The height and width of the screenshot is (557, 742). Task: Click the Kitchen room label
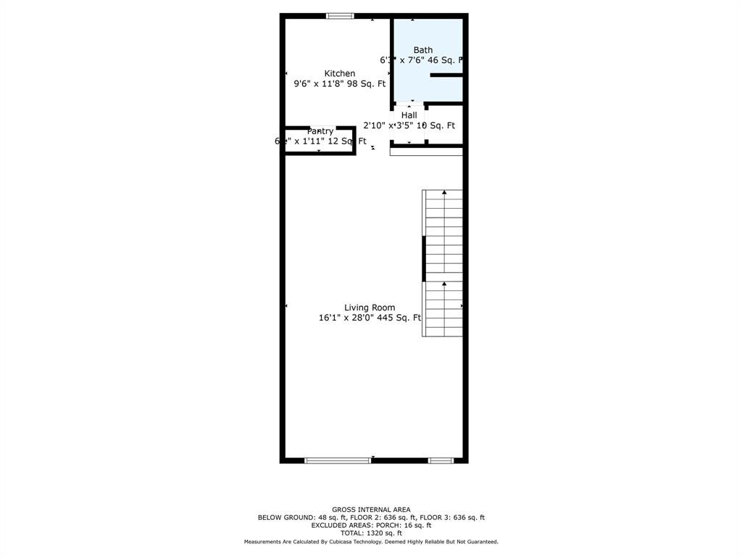(339, 73)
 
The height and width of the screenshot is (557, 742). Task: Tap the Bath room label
(423, 50)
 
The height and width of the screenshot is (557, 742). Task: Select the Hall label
(409, 115)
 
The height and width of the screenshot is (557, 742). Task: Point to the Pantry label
(320, 131)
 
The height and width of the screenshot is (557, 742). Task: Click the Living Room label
(370, 308)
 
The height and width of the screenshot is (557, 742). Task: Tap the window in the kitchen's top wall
(340, 16)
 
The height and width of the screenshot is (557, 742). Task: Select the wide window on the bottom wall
(338, 460)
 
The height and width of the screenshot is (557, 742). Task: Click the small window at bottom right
(441, 460)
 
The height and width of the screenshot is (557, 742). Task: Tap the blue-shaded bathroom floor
(428, 87)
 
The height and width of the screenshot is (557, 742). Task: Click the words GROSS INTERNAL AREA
(371, 510)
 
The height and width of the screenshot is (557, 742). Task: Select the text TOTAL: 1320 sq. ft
(371, 533)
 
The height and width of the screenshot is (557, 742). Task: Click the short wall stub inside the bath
(446, 75)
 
